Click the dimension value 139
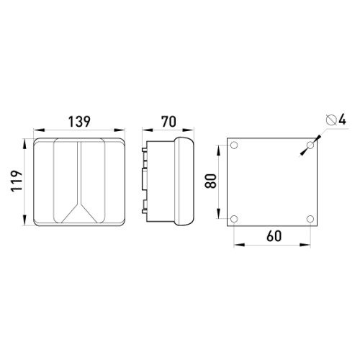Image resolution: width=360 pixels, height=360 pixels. (x=79, y=122)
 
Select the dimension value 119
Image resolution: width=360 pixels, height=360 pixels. (x=17, y=181)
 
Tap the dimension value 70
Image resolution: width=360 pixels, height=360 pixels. (x=168, y=122)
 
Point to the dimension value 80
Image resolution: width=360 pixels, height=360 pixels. (x=211, y=181)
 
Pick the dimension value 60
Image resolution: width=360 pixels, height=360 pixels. (x=274, y=236)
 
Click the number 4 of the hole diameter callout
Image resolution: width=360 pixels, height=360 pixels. (x=342, y=120)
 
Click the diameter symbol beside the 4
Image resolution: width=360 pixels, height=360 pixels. (x=331, y=120)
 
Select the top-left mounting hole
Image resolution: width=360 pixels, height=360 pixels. (x=234, y=145)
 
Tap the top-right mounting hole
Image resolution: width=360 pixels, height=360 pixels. (x=310, y=145)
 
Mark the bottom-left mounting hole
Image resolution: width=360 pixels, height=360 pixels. (x=234, y=219)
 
